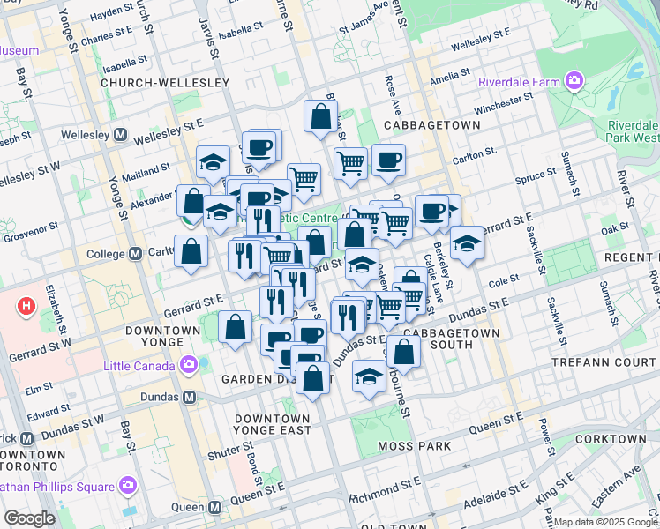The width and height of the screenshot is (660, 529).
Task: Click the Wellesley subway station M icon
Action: (x=120, y=137)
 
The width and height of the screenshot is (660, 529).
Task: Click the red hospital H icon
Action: (x=27, y=308)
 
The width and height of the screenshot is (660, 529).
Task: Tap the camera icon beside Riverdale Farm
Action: (x=575, y=82)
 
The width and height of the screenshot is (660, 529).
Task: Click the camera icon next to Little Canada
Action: (x=188, y=363)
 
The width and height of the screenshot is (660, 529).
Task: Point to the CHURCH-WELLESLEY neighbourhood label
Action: (x=165, y=82)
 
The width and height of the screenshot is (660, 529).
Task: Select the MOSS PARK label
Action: (x=414, y=446)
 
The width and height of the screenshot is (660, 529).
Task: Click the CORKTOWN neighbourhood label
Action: (x=610, y=438)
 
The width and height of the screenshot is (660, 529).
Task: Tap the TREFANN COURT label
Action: (x=604, y=362)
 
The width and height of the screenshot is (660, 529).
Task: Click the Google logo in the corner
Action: (x=29, y=518)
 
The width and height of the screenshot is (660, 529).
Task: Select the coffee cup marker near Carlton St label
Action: (x=388, y=160)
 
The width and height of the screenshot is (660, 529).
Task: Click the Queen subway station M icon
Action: (x=214, y=507)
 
